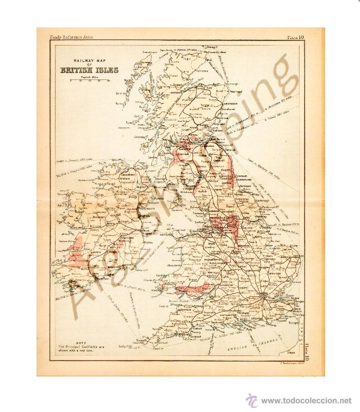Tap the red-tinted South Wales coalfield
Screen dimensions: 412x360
tap(193, 287)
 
